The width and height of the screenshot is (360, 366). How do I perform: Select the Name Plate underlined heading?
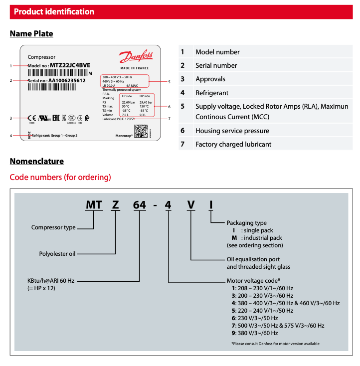(x=31, y=34)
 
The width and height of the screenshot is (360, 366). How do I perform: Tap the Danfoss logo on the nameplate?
(x=136, y=56)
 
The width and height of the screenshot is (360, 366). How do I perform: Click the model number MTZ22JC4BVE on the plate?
(x=69, y=65)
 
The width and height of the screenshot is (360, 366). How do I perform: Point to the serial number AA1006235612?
(x=67, y=80)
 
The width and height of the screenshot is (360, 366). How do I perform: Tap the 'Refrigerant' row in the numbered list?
(x=212, y=93)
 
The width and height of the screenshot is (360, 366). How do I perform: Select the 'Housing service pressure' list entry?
(x=232, y=131)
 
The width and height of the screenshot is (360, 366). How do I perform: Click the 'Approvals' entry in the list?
(x=210, y=79)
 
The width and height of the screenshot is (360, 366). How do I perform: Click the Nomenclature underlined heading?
(x=37, y=161)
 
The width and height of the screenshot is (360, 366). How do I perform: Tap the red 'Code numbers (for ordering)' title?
(x=60, y=177)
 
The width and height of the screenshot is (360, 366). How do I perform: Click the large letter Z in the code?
(x=116, y=205)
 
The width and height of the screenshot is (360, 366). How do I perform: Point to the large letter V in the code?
(x=191, y=205)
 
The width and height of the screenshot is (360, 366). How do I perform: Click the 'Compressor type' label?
(x=53, y=227)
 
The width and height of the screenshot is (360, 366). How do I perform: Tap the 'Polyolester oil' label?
(x=57, y=254)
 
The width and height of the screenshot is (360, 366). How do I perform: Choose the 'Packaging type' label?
(x=247, y=223)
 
